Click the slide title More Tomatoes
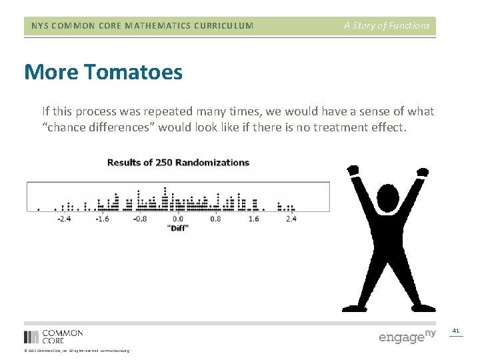click(x=103, y=72)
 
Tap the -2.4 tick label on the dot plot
click(x=64, y=218)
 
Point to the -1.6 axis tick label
click(x=102, y=218)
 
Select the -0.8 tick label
click(x=140, y=218)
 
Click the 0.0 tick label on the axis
click(x=178, y=218)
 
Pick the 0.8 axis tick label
click(x=215, y=218)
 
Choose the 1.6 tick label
click(x=253, y=218)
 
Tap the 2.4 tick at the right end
click(x=291, y=218)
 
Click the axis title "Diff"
click(x=177, y=228)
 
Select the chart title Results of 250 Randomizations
click(x=178, y=162)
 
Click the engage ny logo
click(x=407, y=336)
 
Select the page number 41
click(x=456, y=331)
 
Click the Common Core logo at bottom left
click(x=53, y=336)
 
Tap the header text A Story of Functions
click(x=387, y=26)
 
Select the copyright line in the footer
click(x=76, y=351)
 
